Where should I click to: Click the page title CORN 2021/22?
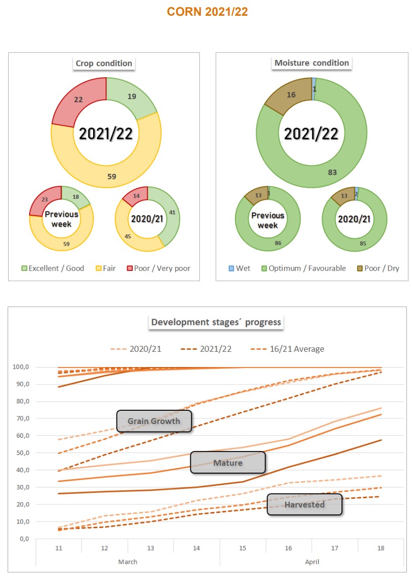click(x=207, y=12)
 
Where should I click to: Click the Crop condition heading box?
click(x=104, y=64)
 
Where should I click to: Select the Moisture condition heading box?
click(x=311, y=63)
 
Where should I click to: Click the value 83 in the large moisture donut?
click(x=332, y=172)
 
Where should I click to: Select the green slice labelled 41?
click(x=171, y=212)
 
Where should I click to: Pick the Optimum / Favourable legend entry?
click(x=304, y=268)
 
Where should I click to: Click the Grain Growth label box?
click(x=154, y=421)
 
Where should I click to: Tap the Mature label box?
click(x=227, y=463)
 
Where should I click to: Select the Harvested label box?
click(x=304, y=504)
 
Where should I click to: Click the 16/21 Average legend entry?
click(x=287, y=349)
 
